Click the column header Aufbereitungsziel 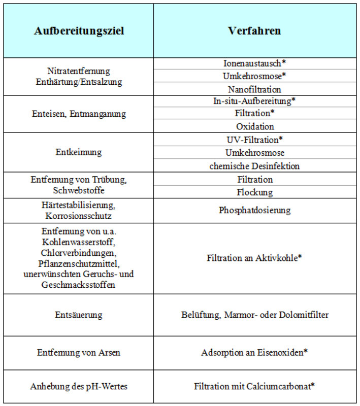point(79,31)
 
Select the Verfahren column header point(254,31)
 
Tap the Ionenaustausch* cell point(254,64)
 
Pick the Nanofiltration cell point(254,89)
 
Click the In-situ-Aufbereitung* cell point(254,101)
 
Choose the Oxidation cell point(254,126)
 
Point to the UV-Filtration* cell point(254,139)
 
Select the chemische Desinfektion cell point(254,166)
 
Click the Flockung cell point(254,192)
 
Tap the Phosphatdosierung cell point(254,210)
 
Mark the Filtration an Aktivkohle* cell point(254,258)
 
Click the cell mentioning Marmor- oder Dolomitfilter point(254,315)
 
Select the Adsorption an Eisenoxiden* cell point(254,352)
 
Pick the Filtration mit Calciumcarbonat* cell point(254,386)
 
